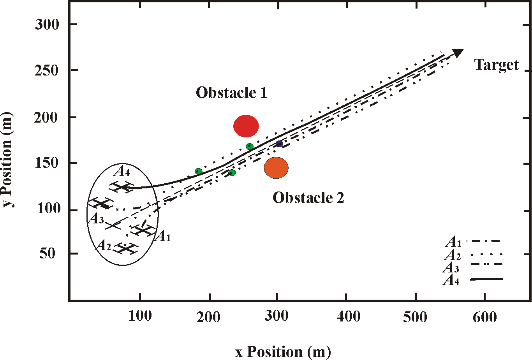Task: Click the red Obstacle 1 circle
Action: pos(246,126)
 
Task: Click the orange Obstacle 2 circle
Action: pos(276,168)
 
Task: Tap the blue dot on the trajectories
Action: pos(279,144)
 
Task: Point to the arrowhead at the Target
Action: pos(457,53)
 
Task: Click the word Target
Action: pos(497,65)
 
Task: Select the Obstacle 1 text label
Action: pos(231,93)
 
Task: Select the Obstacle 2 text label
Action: pos(308,198)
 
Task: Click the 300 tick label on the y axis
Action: pos(47,25)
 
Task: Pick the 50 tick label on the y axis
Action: pos(47,254)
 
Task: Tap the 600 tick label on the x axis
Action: pos(485,318)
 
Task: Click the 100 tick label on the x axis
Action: pos(140,316)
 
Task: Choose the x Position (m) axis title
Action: pos(283,352)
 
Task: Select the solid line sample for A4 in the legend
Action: pos(486,279)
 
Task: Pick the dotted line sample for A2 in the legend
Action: pos(486,254)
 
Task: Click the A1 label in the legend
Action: pos(453,242)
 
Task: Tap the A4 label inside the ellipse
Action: pos(122,171)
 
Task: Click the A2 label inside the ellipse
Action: pos(103,246)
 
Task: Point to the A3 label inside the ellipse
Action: pos(96,219)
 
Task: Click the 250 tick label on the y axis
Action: pos(47,71)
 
